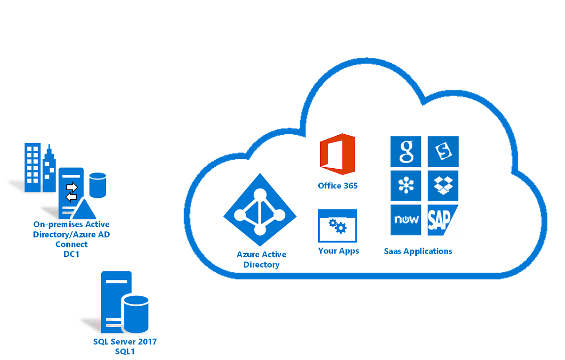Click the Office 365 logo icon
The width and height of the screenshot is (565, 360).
(337, 154)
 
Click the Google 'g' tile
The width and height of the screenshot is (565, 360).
(406, 152)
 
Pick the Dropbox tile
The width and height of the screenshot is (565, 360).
(443, 185)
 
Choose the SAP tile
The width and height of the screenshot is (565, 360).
(442, 220)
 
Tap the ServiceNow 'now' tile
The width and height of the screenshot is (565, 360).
(406, 220)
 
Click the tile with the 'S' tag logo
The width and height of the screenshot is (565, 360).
(443, 152)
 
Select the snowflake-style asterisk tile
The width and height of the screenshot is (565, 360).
(406, 185)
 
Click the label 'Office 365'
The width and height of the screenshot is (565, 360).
(338, 186)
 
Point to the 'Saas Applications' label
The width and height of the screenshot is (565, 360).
(418, 251)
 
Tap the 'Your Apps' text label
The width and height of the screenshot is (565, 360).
(339, 251)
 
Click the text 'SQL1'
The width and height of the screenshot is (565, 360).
(125, 352)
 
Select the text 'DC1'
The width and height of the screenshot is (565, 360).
(72, 254)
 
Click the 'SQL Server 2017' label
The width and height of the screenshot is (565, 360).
(125, 342)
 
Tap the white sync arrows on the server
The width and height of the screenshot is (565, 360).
(71, 190)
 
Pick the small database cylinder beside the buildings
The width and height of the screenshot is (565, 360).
(97, 185)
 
